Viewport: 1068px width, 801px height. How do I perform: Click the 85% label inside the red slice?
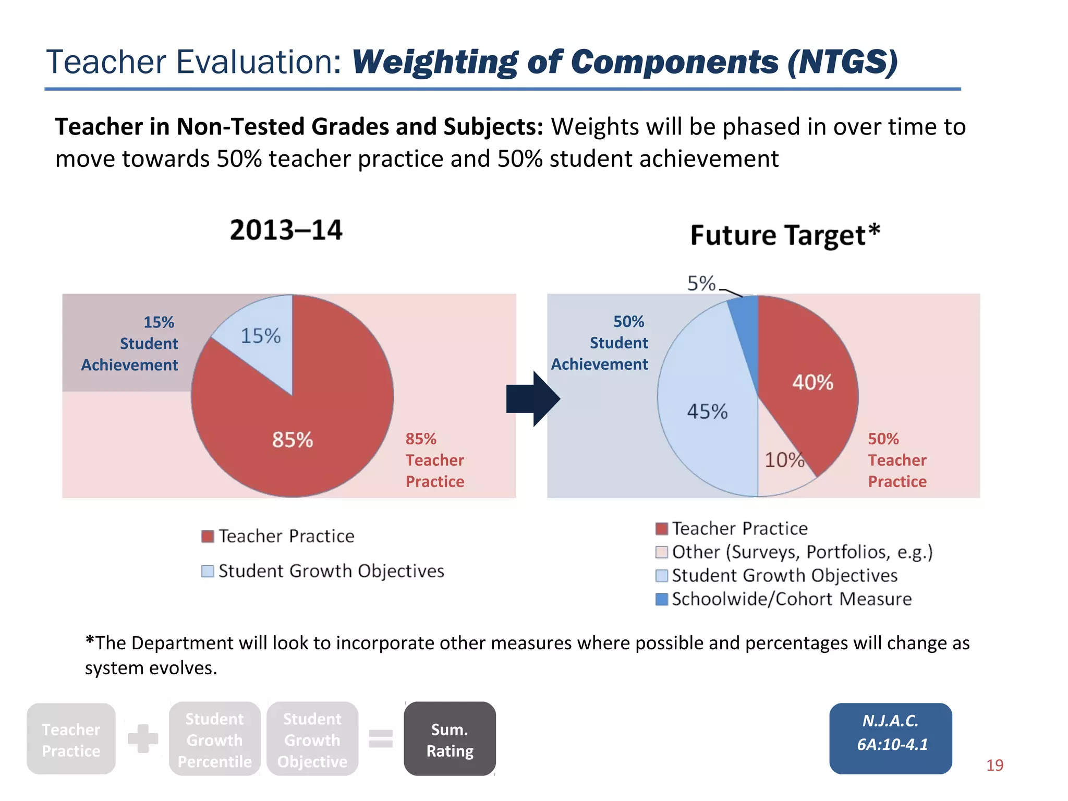[x=292, y=440]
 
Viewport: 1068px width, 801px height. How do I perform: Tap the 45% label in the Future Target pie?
[x=707, y=411]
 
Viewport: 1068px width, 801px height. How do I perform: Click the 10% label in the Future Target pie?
[x=784, y=460]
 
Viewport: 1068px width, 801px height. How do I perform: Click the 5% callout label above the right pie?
[x=701, y=284]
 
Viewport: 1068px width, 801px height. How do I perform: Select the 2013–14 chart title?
[x=286, y=230]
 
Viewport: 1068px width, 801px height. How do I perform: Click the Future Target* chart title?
[x=785, y=235]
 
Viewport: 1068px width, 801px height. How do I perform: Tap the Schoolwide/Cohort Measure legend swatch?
[x=661, y=599]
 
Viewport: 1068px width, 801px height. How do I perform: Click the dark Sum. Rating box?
[x=450, y=739]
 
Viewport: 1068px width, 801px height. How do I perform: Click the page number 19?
[x=994, y=765]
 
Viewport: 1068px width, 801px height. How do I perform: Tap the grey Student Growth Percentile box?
[x=214, y=739]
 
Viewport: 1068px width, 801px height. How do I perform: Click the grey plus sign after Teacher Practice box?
[x=143, y=738]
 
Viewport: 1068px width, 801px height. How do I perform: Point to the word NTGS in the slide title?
[x=842, y=62]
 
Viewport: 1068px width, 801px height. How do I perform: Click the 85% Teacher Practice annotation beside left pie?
[x=434, y=460]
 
